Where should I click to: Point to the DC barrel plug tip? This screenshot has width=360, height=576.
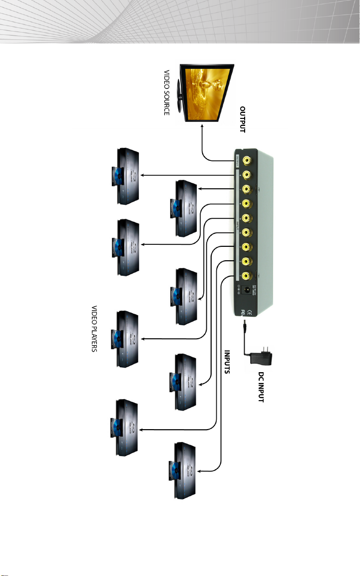click(x=244, y=324)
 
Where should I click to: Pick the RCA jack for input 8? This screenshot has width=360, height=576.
click(x=246, y=275)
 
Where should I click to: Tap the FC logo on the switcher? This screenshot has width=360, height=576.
click(x=245, y=313)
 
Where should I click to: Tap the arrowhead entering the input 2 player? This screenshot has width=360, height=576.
click(x=200, y=189)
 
